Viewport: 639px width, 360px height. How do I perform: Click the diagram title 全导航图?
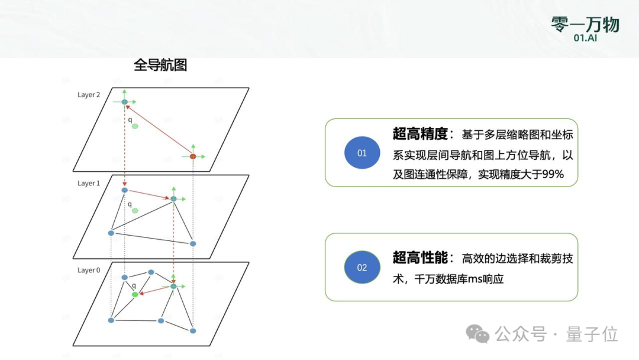(x=160, y=65)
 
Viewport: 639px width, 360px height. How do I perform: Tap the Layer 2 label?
(x=89, y=95)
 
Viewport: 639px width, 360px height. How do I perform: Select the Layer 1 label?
(x=89, y=184)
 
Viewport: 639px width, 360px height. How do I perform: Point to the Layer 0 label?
(x=89, y=270)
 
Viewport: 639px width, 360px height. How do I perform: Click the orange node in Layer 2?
(x=193, y=156)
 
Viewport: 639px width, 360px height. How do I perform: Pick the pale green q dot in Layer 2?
(x=135, y=126)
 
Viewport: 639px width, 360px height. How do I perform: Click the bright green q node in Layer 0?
(x=135, y=294)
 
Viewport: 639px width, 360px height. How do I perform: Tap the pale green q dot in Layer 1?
(x=135, y=211)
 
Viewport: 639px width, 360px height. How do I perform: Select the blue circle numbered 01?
(x=362, y=153)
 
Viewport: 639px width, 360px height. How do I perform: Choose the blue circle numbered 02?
(x=362, y=267)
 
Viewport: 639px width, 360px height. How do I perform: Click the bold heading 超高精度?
(x=419, y=134)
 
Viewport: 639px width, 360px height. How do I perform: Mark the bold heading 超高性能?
(x=419, y=258)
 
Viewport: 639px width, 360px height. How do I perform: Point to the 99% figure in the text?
(x=551, y=175)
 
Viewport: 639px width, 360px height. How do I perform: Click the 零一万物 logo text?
(x=585, y=24)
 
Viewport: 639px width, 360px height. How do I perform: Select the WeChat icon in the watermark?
(x=477, y=334)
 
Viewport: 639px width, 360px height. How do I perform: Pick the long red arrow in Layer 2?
(x=159, y=129)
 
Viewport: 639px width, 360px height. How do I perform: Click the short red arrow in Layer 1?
(x=149, y=194)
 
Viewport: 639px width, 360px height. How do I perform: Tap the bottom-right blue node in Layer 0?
(x=193, y=330)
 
